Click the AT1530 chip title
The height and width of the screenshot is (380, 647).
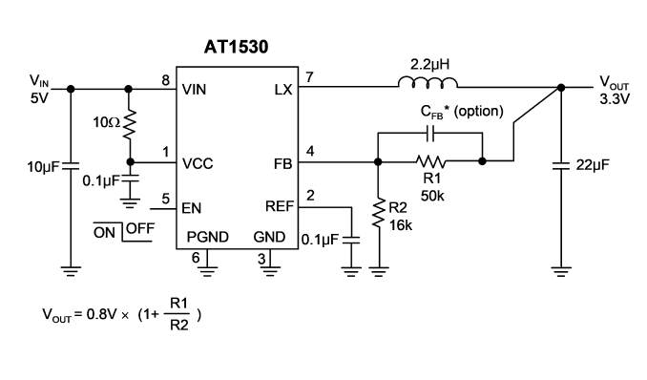click(x=236, y=47)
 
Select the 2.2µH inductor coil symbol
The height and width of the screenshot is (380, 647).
click(x=428, y=83)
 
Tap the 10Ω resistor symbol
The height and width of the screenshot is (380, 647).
click(x=130, y=124)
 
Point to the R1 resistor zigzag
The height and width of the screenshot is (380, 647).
click(x=430, y=161)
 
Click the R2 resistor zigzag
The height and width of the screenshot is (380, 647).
click(x=378, y=213)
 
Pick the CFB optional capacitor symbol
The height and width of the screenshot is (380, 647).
click(x=430, y=134)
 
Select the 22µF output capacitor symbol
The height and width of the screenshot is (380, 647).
click(x=561, y=166)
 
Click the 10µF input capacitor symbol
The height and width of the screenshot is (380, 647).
click(x=71, y=166)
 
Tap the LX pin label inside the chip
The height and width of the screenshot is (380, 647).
click(x=283, y=90)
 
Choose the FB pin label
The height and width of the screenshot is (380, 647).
click(x=283, y=164)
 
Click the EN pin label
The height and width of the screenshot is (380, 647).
click(x=192, y=208)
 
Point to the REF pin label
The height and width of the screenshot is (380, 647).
click(x=280, y=206)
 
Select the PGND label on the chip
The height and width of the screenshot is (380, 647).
click(x=207, y=237)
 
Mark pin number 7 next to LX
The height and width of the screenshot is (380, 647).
click(x=310, y=77)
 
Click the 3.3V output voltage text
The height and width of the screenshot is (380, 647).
click(x=615, y=99)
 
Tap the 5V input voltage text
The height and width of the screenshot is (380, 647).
click(x=40, y=98)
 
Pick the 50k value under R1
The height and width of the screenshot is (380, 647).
click(x=432, y=196)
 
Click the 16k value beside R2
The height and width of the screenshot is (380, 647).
click(x=401, y=225)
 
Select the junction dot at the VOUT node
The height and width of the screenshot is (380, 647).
click(x=561, y=88)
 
